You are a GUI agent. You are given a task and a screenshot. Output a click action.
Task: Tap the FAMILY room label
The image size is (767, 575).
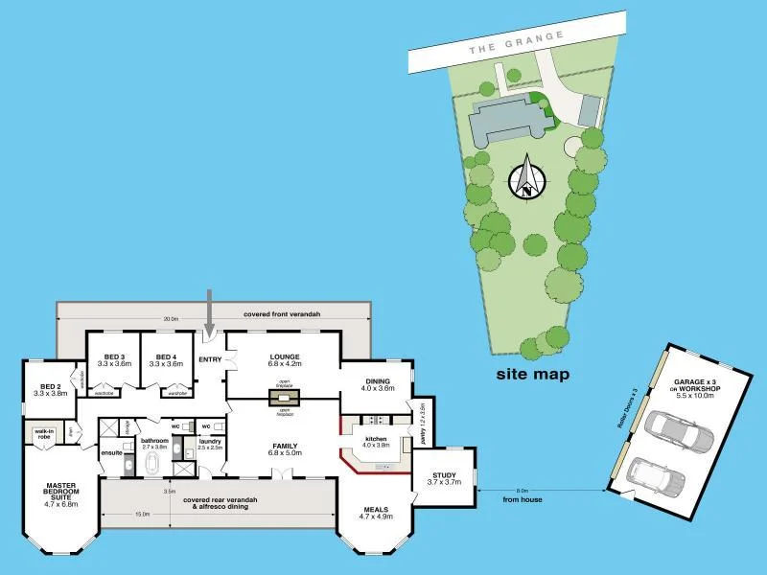pyautogui.click(x=285, y=446)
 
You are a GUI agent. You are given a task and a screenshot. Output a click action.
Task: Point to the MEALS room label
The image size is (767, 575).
pyautogui.click(x=375, y=510)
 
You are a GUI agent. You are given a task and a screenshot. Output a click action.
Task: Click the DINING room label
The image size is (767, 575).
pyautogui.click(x=379, y=380)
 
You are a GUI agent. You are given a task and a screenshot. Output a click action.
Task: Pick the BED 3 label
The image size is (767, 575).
pyautogui.click(x=113, y=356)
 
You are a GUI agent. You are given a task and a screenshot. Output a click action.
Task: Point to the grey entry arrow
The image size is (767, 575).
pyautogui.click(x=211, y=311)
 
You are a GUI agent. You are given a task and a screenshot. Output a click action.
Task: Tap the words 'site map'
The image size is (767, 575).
pyautogui.click(x=533, y=374)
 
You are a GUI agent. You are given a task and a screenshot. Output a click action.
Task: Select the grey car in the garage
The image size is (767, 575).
pyautogui.click(x=678, y=434)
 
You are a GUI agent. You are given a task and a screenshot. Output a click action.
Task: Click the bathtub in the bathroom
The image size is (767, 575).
pyautogui.click(x=152, y=465)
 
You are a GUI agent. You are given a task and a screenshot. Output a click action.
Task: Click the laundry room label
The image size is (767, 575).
pyautogui.click(x=210, y=444)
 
